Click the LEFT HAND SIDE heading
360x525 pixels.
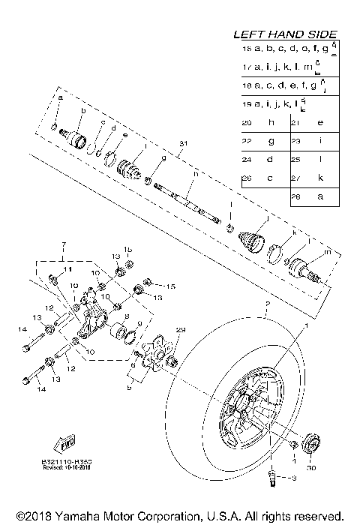[284, 34]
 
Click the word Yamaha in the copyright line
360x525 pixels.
[85, 516]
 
